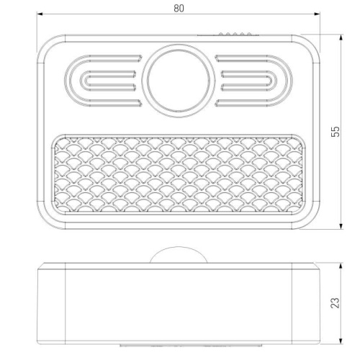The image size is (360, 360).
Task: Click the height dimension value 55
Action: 335,132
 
